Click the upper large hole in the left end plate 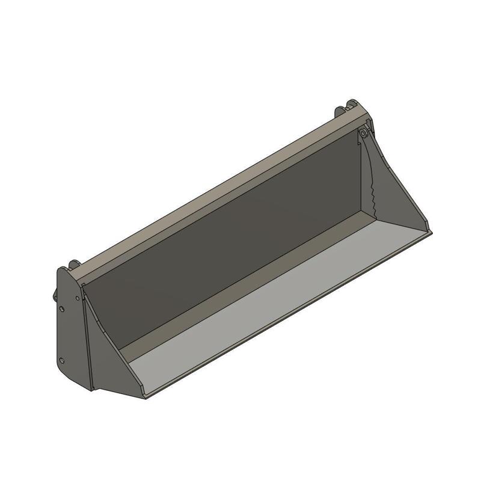tap(63, 309)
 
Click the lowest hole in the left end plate tap(62, 361)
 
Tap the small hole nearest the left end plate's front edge tap(78, 298)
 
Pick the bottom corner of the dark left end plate tap(90, 389)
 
